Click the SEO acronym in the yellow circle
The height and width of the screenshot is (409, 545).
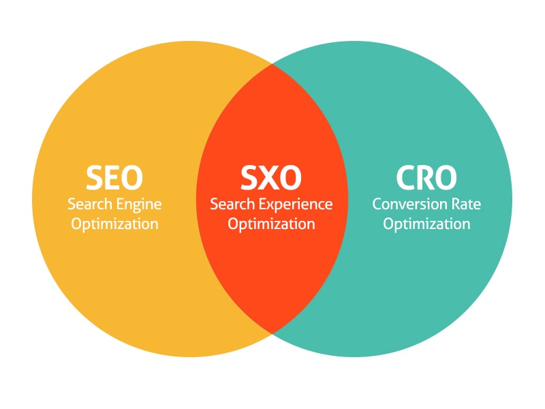point(114,178)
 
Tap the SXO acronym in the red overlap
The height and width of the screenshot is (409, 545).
point(271,178)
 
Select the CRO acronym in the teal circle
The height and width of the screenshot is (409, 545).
point(426,178)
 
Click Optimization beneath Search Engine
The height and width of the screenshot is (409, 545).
point(114,224)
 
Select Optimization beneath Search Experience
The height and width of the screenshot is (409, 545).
point(271,224)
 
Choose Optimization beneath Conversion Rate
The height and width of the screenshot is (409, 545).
point(426,224)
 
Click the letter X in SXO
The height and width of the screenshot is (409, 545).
point(270,178)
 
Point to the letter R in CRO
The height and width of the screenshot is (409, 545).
point(426,178)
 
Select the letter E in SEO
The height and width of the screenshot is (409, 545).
point(114,178)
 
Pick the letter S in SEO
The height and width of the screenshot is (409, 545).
point(95,178)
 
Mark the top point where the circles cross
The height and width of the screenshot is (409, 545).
point(272,65)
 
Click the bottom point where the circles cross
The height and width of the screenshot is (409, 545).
point(272,332)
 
